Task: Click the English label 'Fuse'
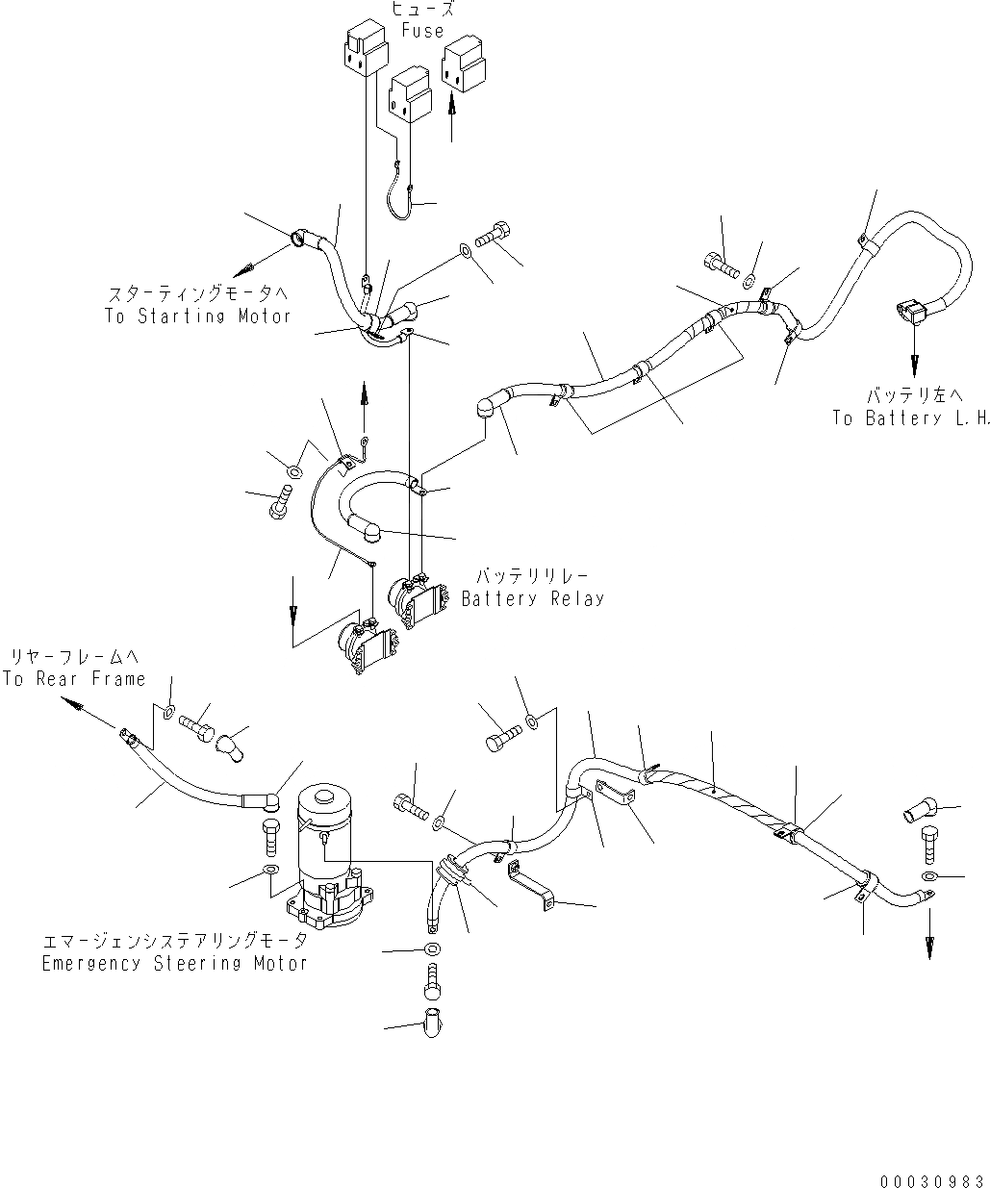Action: tap(422, 30)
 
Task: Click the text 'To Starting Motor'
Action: tap(197, 316)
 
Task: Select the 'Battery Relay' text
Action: tap(533, 598)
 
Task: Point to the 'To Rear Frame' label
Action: tap(74, 679)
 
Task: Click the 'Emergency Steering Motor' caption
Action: tap(174, 963)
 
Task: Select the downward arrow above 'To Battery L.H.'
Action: tap(913, 361)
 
